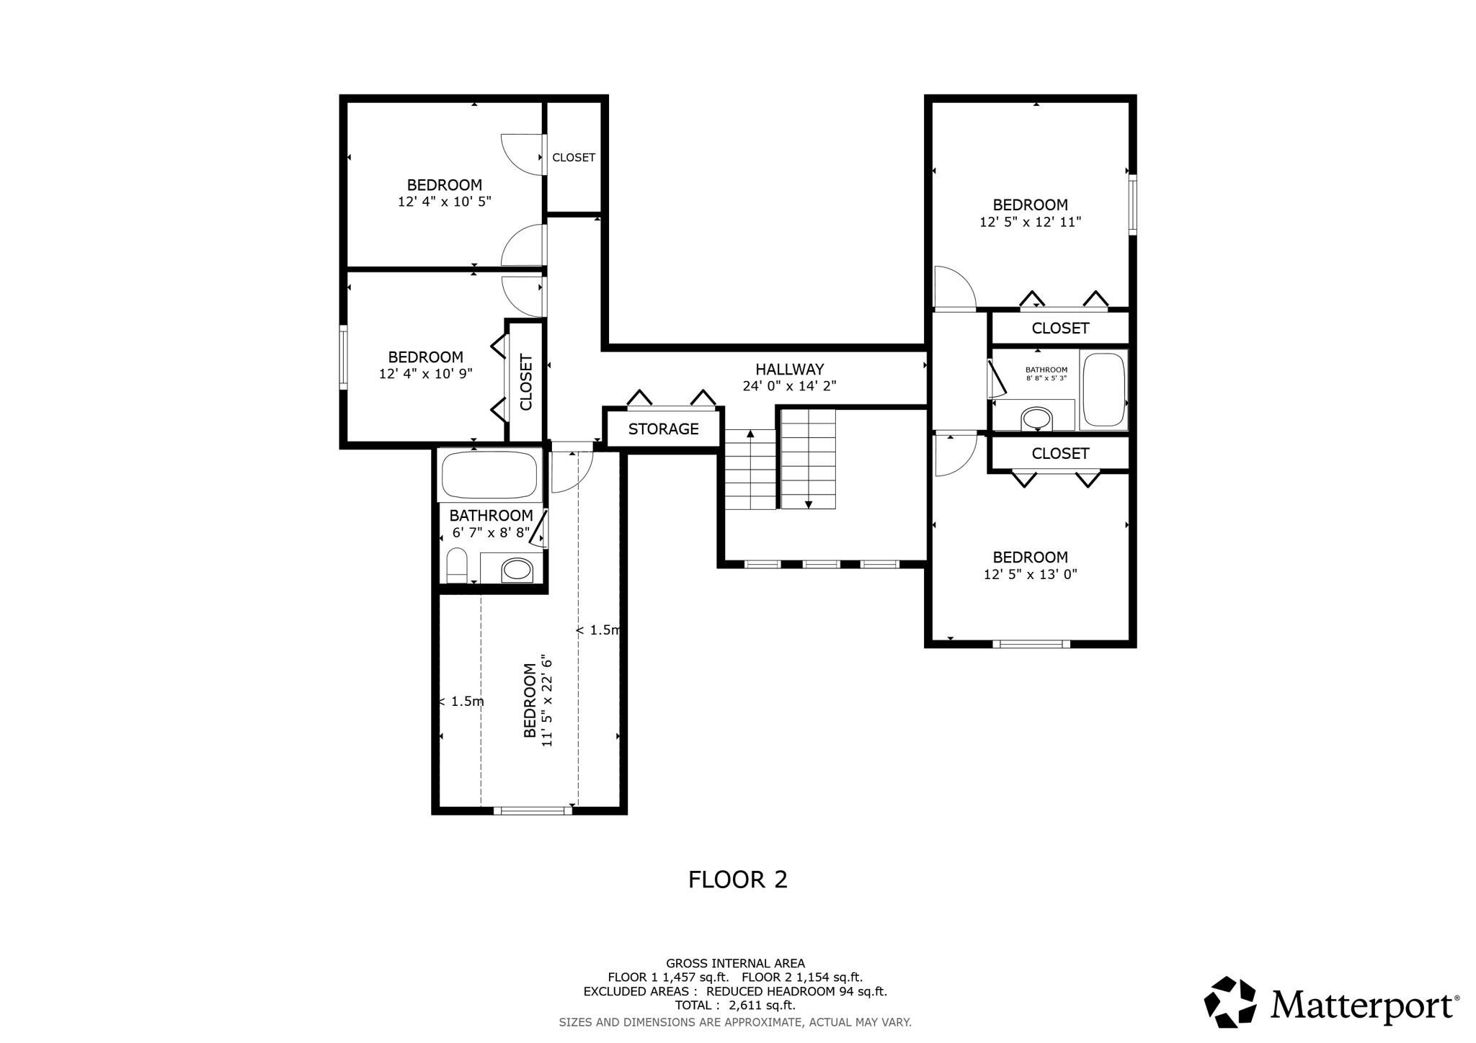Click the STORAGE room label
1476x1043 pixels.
663,429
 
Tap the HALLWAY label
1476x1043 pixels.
789,369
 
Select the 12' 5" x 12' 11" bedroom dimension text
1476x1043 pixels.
1030,223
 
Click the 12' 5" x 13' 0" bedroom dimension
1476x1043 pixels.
1030,575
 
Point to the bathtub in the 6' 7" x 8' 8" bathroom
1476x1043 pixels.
489,475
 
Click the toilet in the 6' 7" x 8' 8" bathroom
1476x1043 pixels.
457,565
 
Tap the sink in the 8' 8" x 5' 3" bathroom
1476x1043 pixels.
1036,418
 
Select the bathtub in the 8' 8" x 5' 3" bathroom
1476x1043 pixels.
1103,390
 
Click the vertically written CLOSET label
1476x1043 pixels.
526,382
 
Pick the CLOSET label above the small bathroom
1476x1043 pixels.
1060,328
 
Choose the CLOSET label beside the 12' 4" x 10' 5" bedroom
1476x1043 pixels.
574,158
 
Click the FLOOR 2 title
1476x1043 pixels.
737,879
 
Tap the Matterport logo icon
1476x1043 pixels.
1230,1002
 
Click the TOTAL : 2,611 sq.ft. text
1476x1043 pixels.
735,1006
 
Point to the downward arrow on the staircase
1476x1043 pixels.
809,504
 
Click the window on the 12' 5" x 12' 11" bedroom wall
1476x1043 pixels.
1132,205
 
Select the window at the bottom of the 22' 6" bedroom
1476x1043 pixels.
533,811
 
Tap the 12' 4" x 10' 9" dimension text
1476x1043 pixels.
425,375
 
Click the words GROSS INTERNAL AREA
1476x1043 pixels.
735,963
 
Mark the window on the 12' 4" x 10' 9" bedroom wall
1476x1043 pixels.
344,358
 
